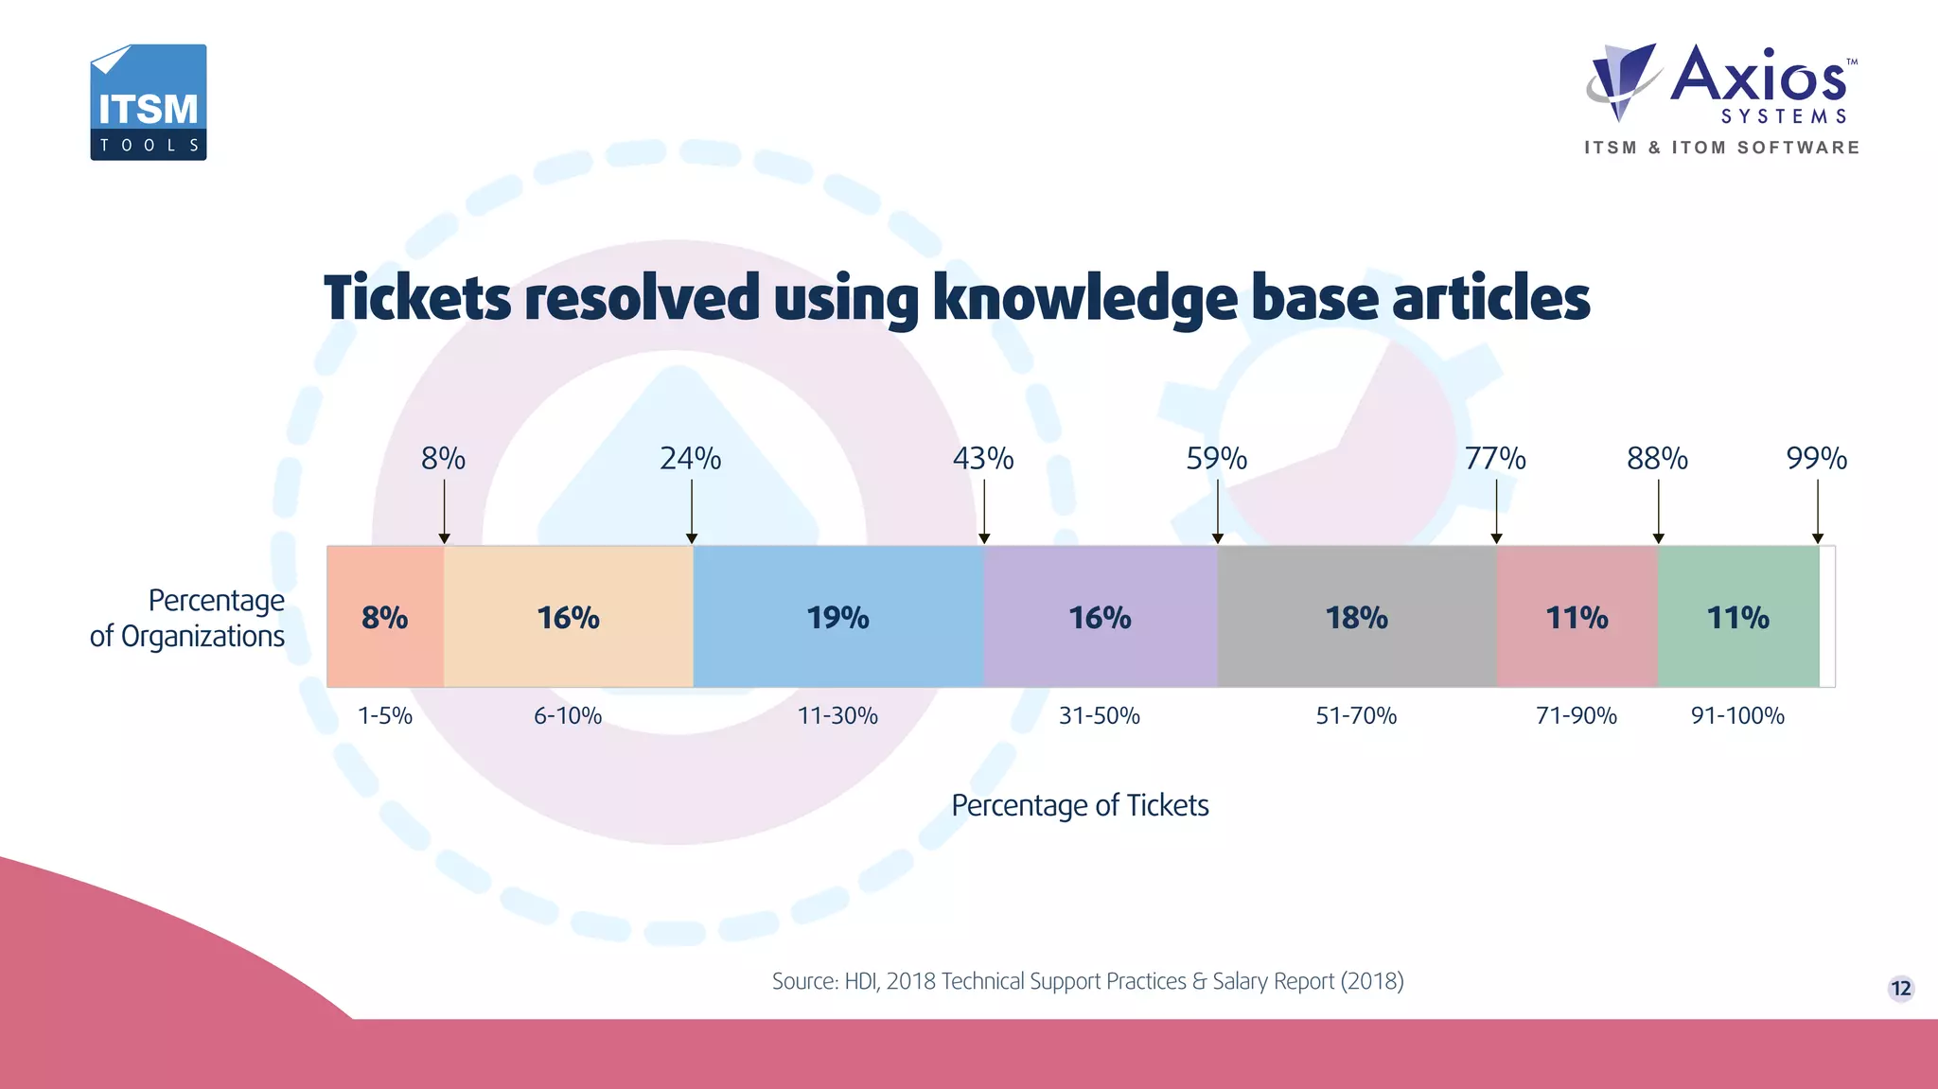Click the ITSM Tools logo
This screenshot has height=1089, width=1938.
(x=149, y=102)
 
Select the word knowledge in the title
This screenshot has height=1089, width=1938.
(x=1084, y=299)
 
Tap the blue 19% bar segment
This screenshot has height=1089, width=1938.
(x=838, y=617)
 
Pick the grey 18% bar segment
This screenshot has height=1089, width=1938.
(x=1356, y=617)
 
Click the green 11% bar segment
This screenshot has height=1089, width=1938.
(x=1737, y=617)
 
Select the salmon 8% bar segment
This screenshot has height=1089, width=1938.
(x=385, y=617)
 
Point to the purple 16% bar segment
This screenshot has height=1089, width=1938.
(x=1100, y=617)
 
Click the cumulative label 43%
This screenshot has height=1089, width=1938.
(x=983, y=459)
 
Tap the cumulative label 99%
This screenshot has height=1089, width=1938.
(x=1816, y=459)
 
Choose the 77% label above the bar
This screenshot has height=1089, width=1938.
(x=1495, y=459)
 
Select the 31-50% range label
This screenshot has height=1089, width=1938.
(x=1099, y=716)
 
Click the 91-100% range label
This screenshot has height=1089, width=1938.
(x=1737, y=716)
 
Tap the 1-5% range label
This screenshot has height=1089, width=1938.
(x=385, y=716)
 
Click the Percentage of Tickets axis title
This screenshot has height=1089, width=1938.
(x=1080, y=805)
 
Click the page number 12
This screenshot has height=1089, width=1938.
(x=1901, y=989)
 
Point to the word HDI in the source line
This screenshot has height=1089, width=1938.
(x=860, y=981)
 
